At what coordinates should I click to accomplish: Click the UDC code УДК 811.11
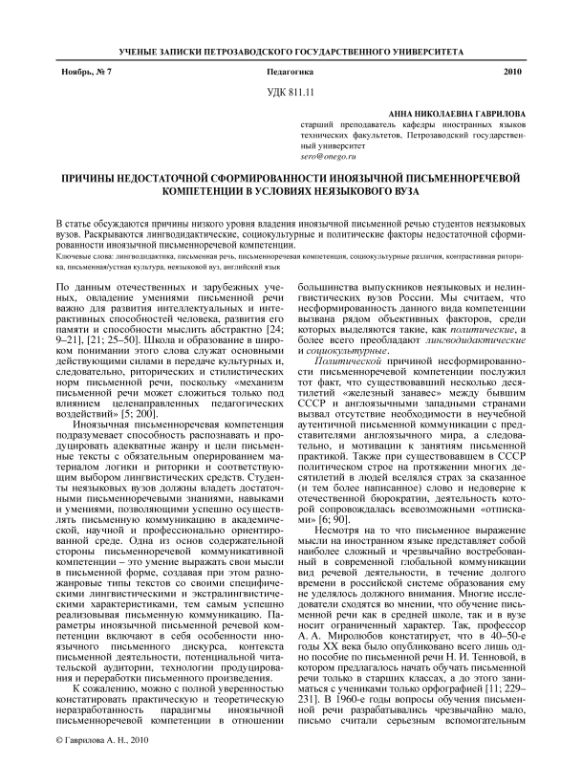(x=291, y=92)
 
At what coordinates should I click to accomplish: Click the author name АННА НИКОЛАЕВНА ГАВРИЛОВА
(x=452, y=114)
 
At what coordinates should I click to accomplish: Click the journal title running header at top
(x=291, y=48)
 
